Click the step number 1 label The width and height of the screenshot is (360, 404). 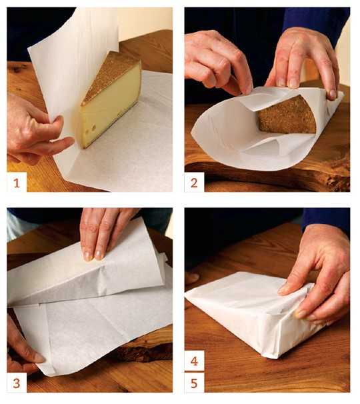coord(17,183)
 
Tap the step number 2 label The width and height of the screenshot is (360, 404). coord(194,183)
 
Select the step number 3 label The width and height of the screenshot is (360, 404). coord(17,383)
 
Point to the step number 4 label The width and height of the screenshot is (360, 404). coord(194,361)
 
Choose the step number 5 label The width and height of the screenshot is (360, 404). coord(194,383)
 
